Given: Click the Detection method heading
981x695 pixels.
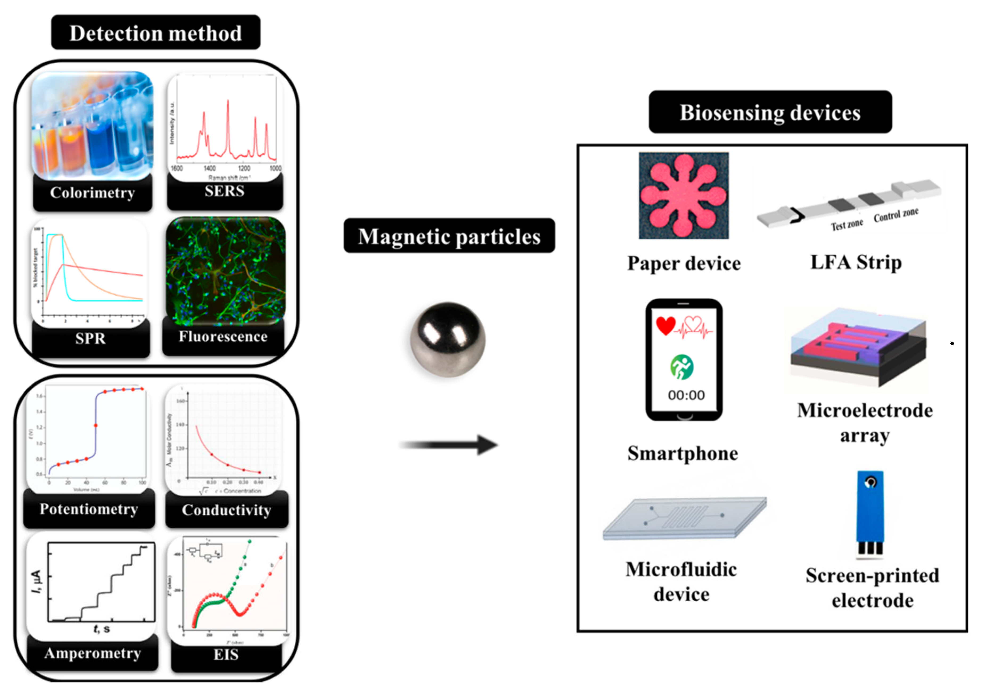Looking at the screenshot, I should (155, 33).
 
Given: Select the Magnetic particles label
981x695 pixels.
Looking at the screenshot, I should (449, 236).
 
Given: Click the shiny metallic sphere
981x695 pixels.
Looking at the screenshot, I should (448, 339).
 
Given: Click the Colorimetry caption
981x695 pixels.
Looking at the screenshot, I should (92, 193).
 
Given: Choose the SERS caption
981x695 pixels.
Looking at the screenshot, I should (224, 191).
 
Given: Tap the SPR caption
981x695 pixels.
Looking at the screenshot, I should (90, 338).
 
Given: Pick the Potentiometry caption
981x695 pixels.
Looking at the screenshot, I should (89, 509).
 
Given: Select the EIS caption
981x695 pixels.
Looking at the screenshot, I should (226, 654).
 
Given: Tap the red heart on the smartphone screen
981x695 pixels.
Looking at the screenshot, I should (666, 326).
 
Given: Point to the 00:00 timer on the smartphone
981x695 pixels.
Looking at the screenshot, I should (686, 395).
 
